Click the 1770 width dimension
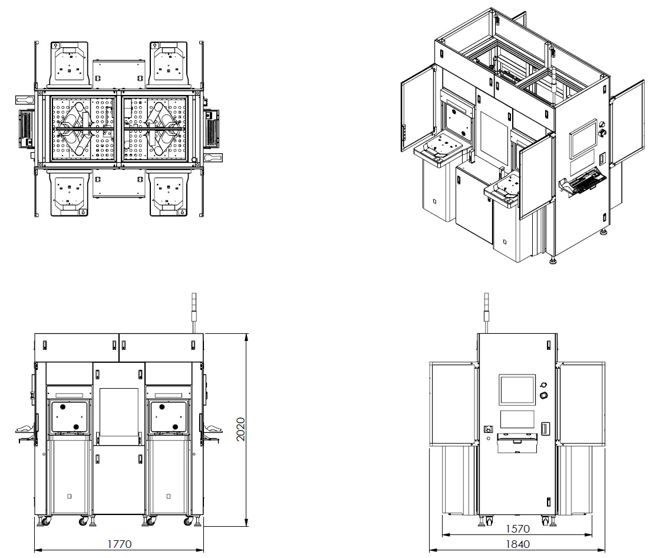[118, 543]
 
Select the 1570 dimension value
[516, 529]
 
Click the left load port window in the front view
[70, 416]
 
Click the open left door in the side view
[453, 404]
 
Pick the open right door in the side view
[581, 404]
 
